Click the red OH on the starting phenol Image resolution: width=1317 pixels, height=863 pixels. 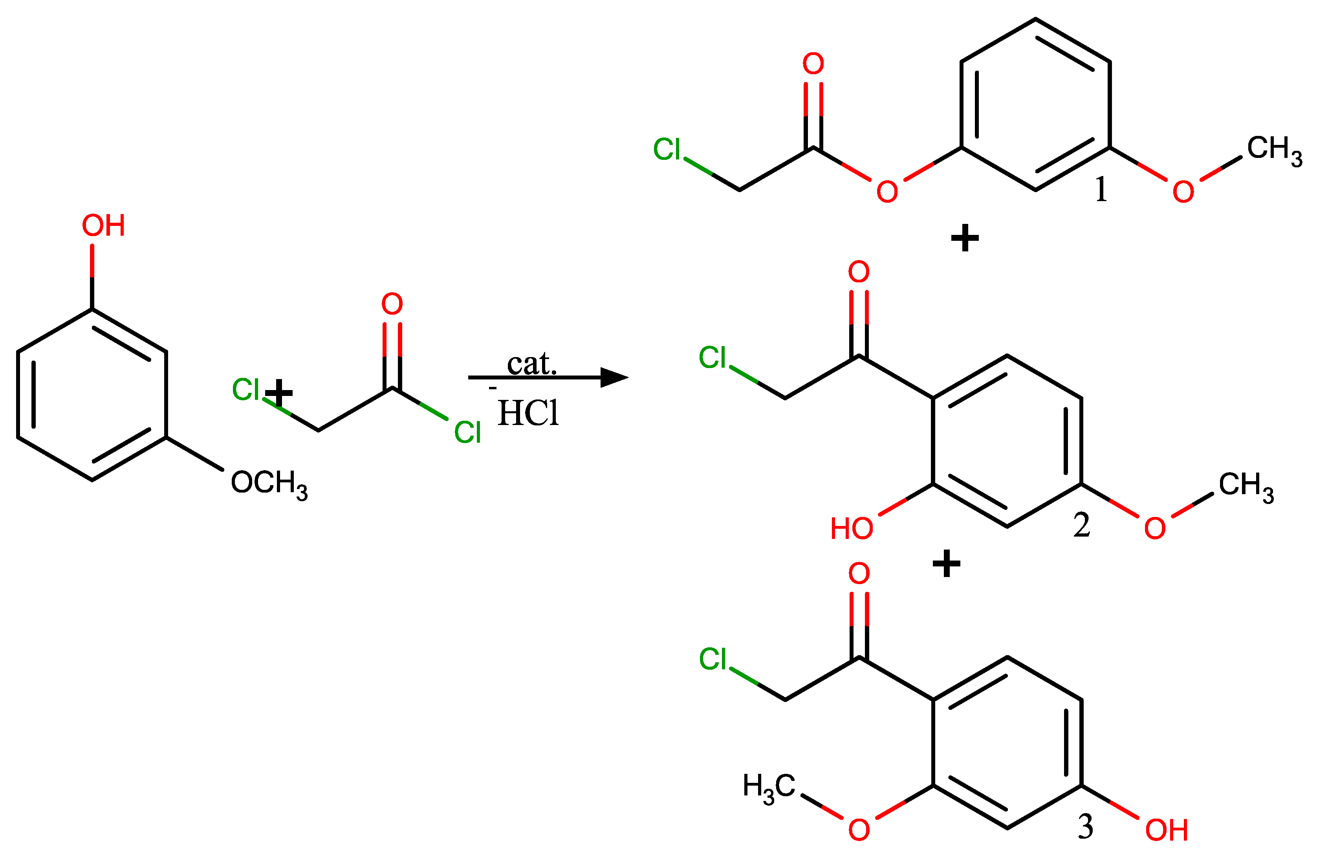coord(103,226)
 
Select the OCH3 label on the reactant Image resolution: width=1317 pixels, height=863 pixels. coord(269,483)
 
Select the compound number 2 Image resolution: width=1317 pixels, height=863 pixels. coord(1082,525)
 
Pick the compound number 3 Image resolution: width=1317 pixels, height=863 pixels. coord(1086,827)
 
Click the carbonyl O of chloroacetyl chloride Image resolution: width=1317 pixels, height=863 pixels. coord(392,304)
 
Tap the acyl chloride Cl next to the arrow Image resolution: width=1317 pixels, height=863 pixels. coord(467,432)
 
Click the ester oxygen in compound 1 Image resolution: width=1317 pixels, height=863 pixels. coord(887,192)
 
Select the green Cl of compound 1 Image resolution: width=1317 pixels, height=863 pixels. coord(667,149)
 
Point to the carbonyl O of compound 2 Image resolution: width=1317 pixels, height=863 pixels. coord(859,272)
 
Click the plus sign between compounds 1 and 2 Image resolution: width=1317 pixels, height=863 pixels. coord(965,239)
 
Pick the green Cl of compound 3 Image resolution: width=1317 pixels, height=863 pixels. coord(713,659)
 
